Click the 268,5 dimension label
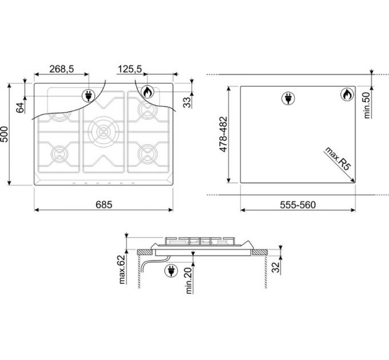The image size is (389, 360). pyautogui.click(x=62, y=69)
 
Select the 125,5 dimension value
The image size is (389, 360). pyautogui.click(x=129, y=69)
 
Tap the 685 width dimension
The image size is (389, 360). pyautogui.click(x=104, y=205)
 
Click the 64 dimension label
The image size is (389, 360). pyautogui.click(x=21, y=107)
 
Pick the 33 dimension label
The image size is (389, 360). pyautogui.click(x=188, y=102)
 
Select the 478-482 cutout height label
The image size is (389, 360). pyautogui.click(x=223, y=134)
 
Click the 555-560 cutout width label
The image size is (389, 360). pyautogui.click(x=297, y=205)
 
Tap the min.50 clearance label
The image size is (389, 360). pyautogui.click(x=367, y=105)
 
